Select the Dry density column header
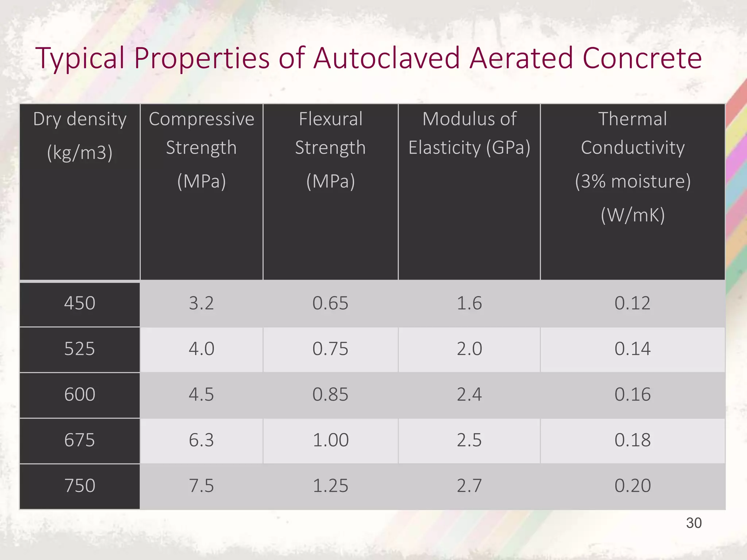pyautogui.click(x=80, y=135)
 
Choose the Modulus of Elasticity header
pyautogui.click(x=469, y=133)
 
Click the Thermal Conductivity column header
pyautogui.click(x=632, y=133)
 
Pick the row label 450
pyautogui.click(x=80, y=303)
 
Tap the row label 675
pyautogui.click(x=80, y=440)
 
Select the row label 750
pyautogui.click(x=80, y=486)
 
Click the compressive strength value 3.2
pyautogui.click(x=201, y=303)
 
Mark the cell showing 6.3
pyautogui.click(x=201, y=440)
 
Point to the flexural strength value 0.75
pyautogui.click(x=330, y=349)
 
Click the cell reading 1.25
pyautogui.click(x=330, y=486)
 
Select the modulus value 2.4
pyautogui.click(x=469, y=394)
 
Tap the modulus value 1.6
pyautogui.click(x=469, y=303)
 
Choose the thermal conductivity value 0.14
pyautogui.click(x=632, y=349)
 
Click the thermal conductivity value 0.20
pyautogui.click(x=632, y=486)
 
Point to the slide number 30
pyautogui.click(x=694, y=523)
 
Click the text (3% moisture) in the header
pyautogui.click(x=632, y=181)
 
